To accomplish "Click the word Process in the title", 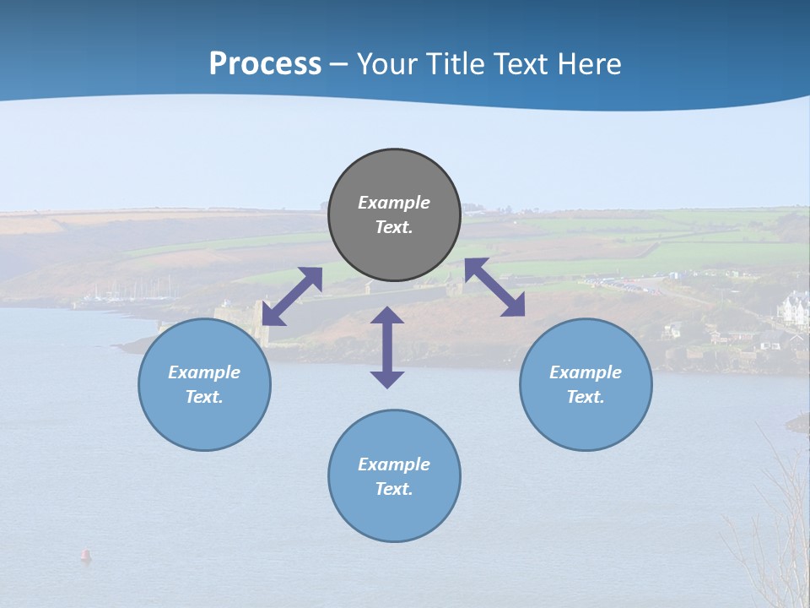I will pyautogui.click(x=265, y=64).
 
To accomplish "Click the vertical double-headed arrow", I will pyautogui.click(x=387, y=347).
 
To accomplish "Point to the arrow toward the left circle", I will pyautogui.click(x=292, y=296).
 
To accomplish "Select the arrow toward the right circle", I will pyautogui.click(x=494, y=287).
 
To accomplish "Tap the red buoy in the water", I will pyautogui.click(x=85, y=555).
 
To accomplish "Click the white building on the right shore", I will pyautogui.click(x=794, y=309).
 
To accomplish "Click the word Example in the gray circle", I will pyautogui.click(x=394, y=203).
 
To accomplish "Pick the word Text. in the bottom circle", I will pyautogui.click(x=394, y=489).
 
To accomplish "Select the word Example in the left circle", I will pyautogui.click(x=204, y=372).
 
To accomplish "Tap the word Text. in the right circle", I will pyautogui.click(x=586, y=397).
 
